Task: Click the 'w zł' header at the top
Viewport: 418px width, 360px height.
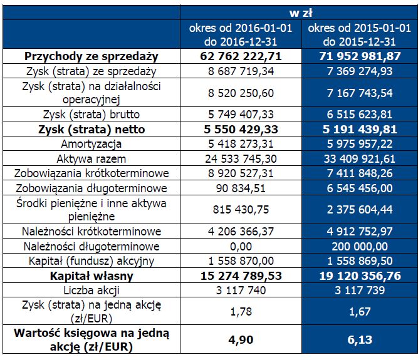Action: (300, 13)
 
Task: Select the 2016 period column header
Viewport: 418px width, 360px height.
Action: (241, 34)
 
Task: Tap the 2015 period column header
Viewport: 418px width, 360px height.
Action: (360, 34)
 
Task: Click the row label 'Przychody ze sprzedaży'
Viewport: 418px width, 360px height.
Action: (91, 56)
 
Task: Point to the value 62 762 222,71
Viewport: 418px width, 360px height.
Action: (241, 56)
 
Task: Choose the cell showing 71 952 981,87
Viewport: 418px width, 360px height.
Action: (360, 56)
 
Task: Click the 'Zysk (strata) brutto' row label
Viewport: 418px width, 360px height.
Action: (91, 115)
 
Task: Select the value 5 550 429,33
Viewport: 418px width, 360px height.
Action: (241, 130)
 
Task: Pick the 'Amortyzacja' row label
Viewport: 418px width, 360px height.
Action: (91, 144)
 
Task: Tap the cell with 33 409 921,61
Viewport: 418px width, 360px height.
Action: (360, 159)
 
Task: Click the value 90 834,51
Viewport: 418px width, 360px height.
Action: (241, 188)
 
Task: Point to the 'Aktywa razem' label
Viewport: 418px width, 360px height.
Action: (91, 159)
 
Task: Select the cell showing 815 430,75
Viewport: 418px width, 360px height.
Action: (241, 210)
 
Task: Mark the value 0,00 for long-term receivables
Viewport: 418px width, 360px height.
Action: (241, 246)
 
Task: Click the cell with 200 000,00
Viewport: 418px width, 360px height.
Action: (360, 246)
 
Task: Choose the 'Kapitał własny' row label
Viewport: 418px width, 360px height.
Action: (91, 276)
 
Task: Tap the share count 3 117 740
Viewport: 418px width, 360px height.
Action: (241, 291)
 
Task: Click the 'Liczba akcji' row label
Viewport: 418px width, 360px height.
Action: (91, 291)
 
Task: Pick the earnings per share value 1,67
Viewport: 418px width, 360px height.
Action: (360, 312)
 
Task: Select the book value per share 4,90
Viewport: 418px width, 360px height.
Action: (241, 340)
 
